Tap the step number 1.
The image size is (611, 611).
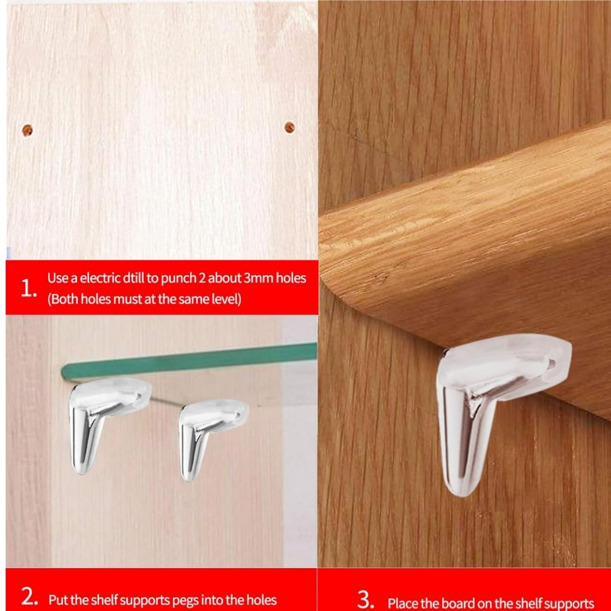click(x=27, y=290)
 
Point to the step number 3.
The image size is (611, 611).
click(x=366, y=600)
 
